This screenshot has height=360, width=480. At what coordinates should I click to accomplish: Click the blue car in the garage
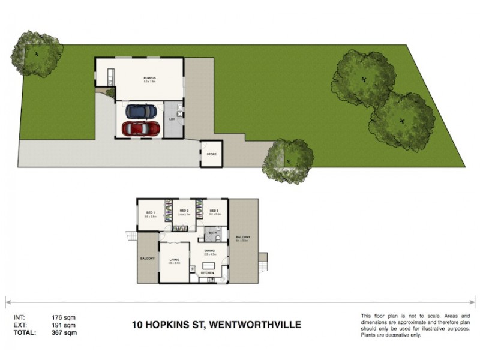point(142,111)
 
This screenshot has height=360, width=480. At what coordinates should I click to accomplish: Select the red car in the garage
point(142,128)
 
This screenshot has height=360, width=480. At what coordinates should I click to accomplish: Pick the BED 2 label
point(184,211)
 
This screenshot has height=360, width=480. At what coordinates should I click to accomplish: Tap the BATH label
point(213,232)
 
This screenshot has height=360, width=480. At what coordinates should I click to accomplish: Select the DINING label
point(210,251)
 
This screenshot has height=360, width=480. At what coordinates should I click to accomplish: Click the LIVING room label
point(175,259)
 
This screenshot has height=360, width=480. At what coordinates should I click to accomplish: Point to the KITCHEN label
point(207,274)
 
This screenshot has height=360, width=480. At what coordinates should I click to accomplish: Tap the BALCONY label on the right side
point(242,238)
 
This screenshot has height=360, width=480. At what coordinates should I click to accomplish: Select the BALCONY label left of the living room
point(147,259)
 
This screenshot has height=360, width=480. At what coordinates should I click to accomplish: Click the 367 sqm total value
point(65,331)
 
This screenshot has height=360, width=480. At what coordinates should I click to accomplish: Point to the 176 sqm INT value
point(65,317)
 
